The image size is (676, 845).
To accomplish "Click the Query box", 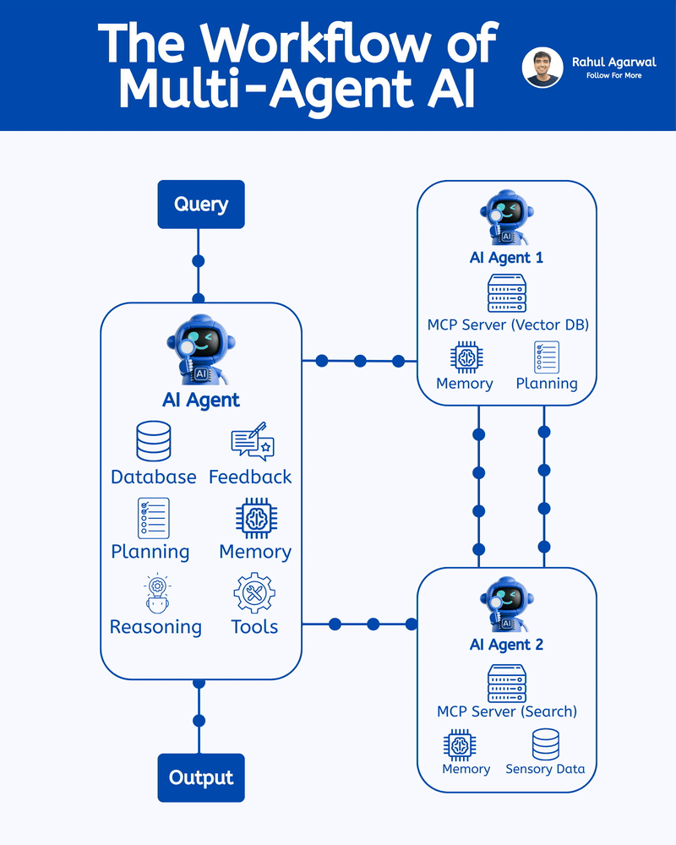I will pos(201,204).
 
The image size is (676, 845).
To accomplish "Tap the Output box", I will pos(201,777).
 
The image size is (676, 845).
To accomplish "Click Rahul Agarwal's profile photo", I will pos(542,68).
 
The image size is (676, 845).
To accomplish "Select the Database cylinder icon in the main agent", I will pos(153,441).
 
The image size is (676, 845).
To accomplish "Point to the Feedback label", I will pos(250,477).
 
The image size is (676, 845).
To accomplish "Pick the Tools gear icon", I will pos(254,592).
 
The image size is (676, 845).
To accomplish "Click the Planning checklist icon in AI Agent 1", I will pos(547,357).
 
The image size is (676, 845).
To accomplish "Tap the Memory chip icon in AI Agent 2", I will pos(460,745).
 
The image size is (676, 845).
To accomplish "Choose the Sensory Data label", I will pos(545,769).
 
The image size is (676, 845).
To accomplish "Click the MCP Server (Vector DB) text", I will pos(507,324).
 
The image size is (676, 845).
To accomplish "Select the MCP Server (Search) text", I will pos(507,711).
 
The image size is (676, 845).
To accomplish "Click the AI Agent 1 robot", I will pos(506,218).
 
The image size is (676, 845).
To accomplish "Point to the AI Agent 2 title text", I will pos(506,645).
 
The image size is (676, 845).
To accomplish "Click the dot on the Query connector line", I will pos(199,260).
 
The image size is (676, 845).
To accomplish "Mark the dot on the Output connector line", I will pos(199,721).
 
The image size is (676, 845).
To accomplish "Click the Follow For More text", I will pos(613,76).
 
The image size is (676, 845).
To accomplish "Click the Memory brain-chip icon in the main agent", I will pos(254,518).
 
